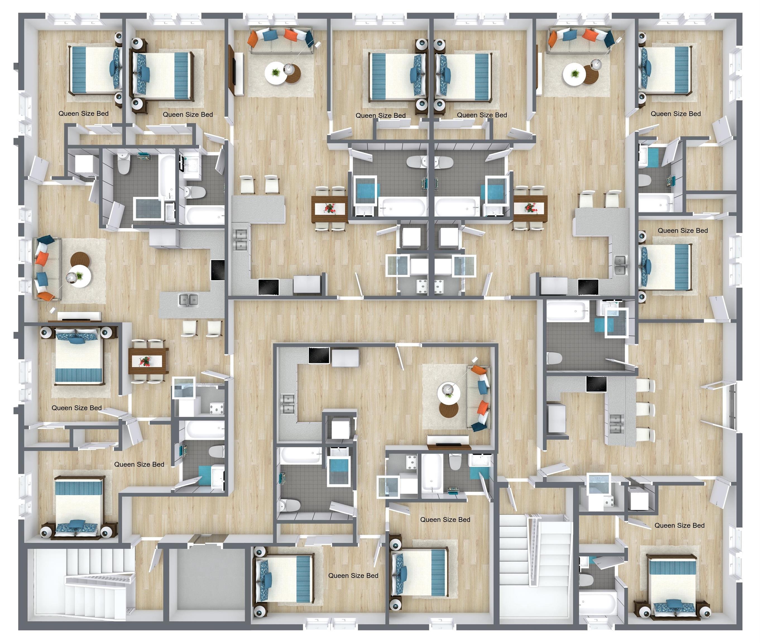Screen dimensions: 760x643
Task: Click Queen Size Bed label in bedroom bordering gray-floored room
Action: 353,575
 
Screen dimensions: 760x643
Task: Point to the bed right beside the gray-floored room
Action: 284,579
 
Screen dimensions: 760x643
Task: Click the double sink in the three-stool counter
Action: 615,423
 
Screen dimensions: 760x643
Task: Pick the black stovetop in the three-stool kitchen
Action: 596,384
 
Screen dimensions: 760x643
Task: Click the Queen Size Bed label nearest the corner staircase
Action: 139,464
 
